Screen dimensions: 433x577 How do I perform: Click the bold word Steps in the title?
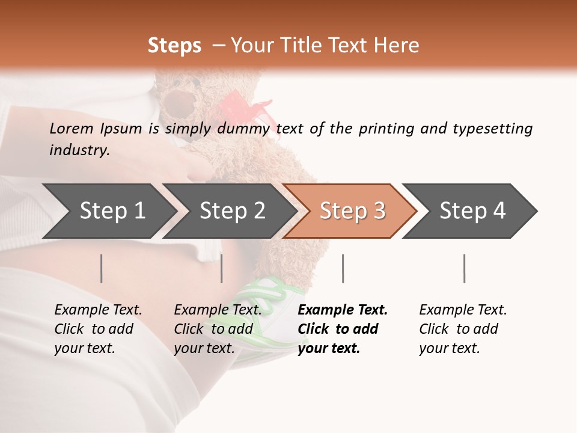[x=174, y=46]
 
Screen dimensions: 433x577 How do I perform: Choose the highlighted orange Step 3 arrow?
[x=352, y=211]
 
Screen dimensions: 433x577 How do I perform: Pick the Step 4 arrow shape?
[x=472, y=211]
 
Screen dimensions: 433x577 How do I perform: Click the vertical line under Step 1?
[x=102, y=268]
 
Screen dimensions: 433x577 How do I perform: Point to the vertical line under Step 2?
[x=222, y=268]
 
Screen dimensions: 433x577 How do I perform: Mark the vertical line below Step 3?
[x=343, y=268]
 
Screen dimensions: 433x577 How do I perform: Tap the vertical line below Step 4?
[x=464, y=268]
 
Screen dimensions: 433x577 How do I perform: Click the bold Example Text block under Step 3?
[x=342, y=329]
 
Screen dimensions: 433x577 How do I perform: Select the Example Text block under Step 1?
[x=98, y=329]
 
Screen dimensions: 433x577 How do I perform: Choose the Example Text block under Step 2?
[x=218, y=329]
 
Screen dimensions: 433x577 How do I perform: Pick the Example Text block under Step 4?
[x=463, y=329]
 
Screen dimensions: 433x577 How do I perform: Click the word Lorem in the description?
[x=72, y=129]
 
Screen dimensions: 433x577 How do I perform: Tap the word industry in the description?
[x=79, y=150]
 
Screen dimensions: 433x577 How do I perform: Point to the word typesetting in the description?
[x=492, y=129]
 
